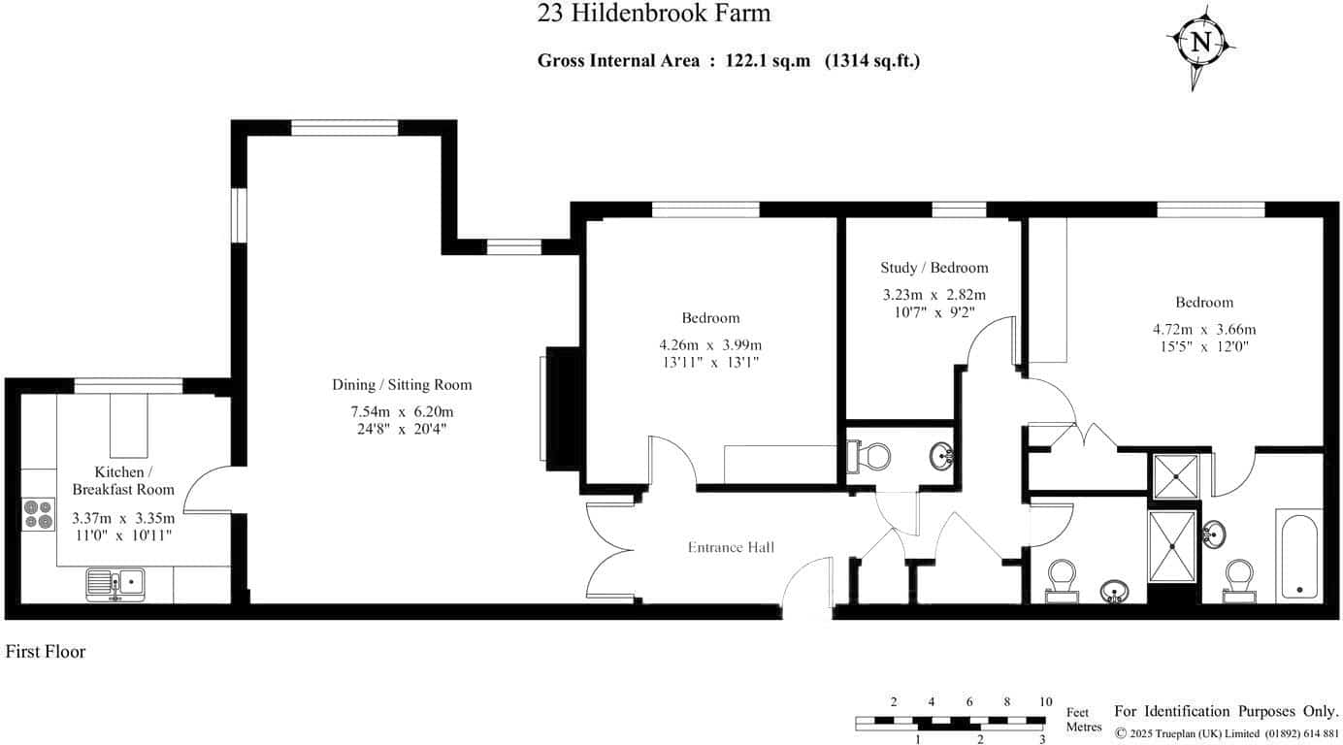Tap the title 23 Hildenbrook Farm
tap(653, 13)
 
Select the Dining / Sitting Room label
tap(403, 385)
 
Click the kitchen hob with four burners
tap(38, 514)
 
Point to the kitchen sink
tap(115, 584)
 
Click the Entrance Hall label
tap(731, 547)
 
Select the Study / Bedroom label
tap(934, 268)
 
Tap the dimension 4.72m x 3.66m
tap(1204, 329)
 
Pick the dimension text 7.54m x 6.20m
tap(403, 411)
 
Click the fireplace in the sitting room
tap(562, 408)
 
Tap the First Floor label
tap(46, 652)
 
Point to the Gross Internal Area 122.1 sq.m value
tap(768, 60)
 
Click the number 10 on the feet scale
tap(1046, 702)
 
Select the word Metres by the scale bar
tap(1084, 727)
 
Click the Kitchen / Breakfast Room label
tap(123, 481)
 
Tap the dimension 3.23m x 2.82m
tap(934, 295)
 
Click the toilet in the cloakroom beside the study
tap(869, 457)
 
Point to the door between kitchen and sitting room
tap(207, 489)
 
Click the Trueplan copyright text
tap(1227, 733)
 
